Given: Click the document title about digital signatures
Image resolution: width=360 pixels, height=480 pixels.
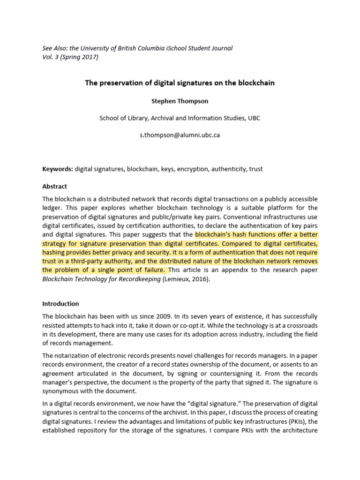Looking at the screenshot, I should click(180, 83).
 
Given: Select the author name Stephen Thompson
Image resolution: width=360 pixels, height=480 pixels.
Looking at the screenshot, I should click(180, 101).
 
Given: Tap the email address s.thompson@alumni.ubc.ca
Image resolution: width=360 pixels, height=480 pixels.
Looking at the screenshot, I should click(180, 135).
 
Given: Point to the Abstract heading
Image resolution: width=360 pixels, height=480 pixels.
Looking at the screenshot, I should click(54, 186).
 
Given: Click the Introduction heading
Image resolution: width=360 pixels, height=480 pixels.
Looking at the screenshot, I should click(60, 304).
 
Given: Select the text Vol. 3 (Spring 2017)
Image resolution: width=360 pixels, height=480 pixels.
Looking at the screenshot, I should click(70, 57).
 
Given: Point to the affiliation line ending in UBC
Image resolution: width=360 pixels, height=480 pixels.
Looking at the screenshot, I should click(180, 118).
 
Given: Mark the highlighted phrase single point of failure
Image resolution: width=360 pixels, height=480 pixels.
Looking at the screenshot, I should click(132, 270).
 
